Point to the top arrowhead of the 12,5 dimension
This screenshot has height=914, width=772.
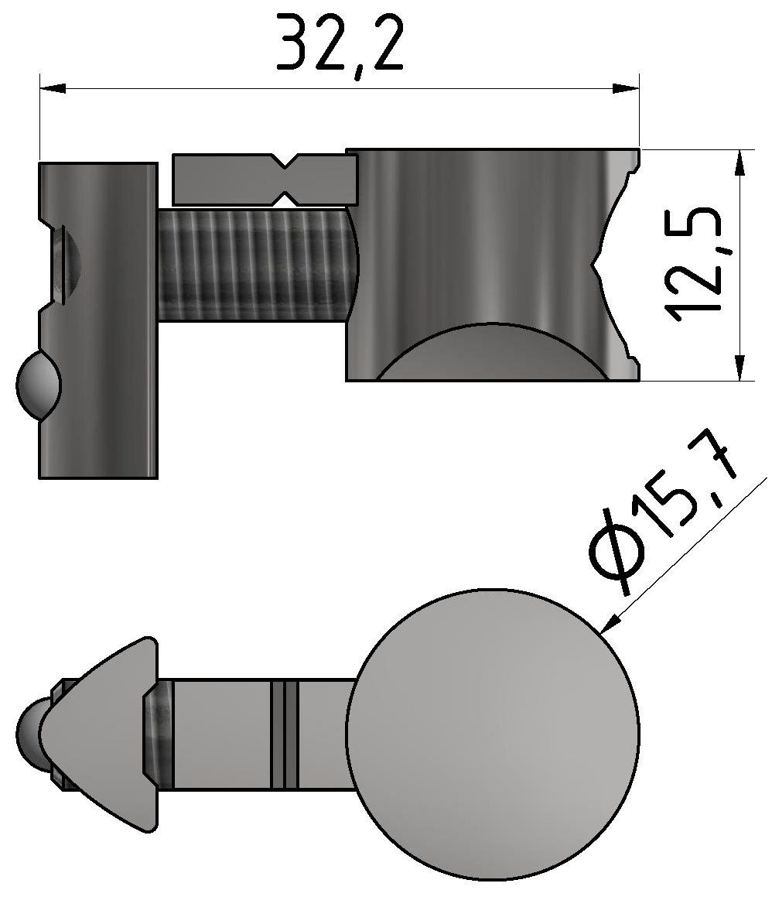click(740, 163)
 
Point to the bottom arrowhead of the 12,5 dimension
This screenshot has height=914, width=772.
click(740, 367)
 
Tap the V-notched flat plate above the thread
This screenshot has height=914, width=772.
click(224, 179)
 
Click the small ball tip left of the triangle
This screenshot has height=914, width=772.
click(29, 732)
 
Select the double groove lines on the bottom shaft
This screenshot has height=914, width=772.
click(284, 734)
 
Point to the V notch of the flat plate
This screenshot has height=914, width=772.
click(283, 176)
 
